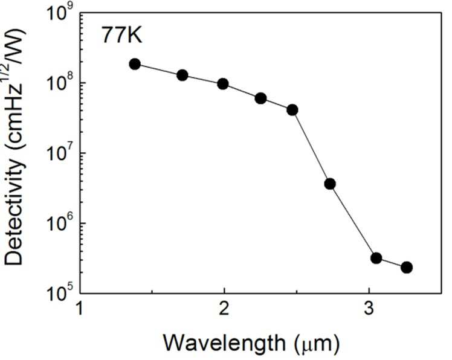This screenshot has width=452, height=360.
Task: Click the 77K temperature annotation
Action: [122, 36]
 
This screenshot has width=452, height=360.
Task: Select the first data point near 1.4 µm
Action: [135, 64]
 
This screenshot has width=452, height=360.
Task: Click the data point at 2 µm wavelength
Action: [223, 84]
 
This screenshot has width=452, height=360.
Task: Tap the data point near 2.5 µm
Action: [292, 110]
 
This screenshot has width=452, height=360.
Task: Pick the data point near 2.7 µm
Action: [330, 184]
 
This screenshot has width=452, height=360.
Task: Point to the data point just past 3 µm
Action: [376, 258]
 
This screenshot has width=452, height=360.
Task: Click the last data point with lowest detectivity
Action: [407, 268]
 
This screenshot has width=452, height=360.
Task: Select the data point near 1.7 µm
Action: [182, 76]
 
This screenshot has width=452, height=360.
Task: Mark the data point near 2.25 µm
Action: [261, 98]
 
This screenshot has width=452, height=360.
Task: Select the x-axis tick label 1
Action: [80, 308]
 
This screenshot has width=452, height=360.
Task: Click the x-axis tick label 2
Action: [224, 308]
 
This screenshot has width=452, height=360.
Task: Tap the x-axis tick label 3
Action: [369, 308]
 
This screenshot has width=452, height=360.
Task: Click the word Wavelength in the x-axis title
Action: [225, 343]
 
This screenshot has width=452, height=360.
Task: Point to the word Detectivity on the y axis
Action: [13, 213]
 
